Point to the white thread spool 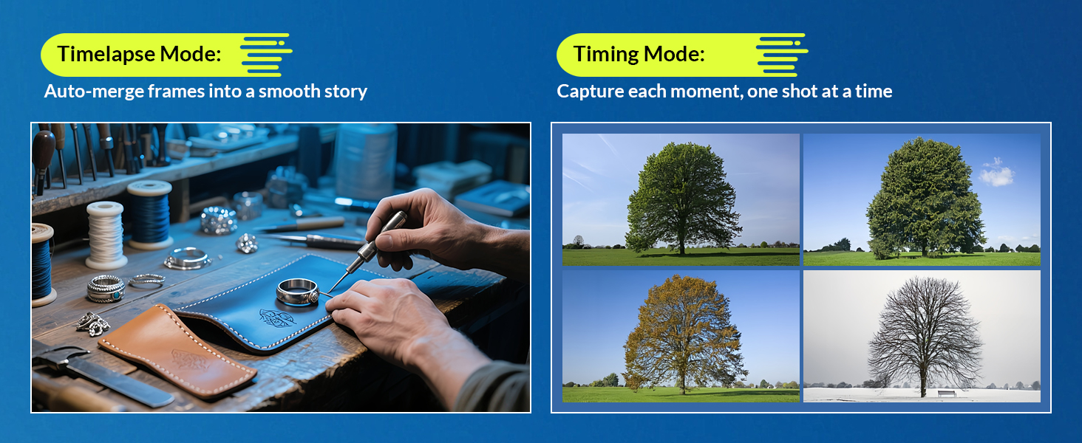coord(105,235)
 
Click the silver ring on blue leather coord(298,291)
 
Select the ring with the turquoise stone coord(106,289)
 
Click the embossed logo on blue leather coord(276,317)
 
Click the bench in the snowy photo coord(946,394)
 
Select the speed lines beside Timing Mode coord(781,55)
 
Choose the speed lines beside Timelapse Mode coord(266,55)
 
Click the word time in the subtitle coord(874,92)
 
